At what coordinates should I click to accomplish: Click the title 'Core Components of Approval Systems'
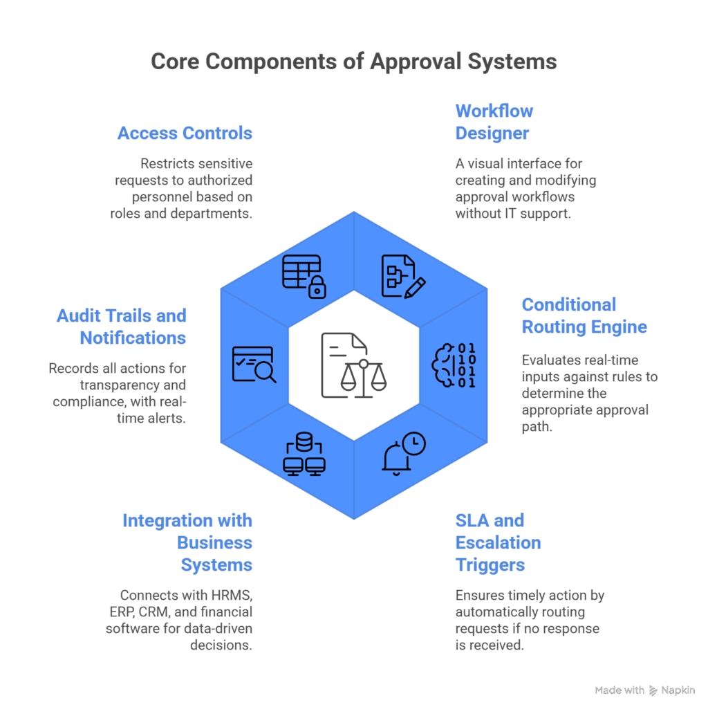coord(353,62)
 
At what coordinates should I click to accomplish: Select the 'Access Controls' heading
coord(185,133)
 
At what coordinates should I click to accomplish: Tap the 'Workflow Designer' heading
coord(494,122)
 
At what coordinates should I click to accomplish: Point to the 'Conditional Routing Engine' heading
coord(584,315)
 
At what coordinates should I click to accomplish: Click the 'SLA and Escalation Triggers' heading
coord(498,542)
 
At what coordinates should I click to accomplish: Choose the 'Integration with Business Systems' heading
coord(187,542)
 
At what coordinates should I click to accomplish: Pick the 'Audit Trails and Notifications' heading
coord(122,327)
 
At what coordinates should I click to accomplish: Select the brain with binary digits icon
coord(454,365)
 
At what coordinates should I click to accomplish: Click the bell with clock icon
coord(404,453)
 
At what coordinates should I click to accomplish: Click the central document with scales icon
coord(354,365)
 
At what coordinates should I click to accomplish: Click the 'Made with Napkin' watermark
coord(644,690)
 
